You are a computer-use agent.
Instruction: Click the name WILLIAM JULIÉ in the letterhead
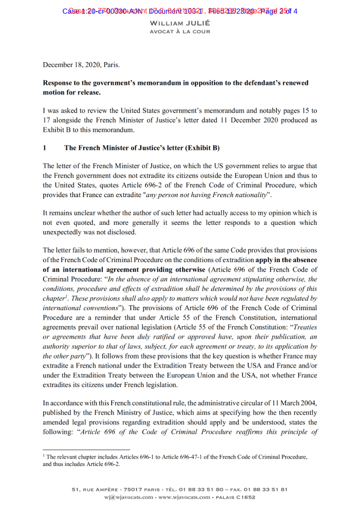click(x=180, y=23)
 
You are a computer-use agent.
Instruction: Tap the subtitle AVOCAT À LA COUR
click(x=180, y=32)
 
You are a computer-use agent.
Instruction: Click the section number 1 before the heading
click(x=44, y=148)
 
